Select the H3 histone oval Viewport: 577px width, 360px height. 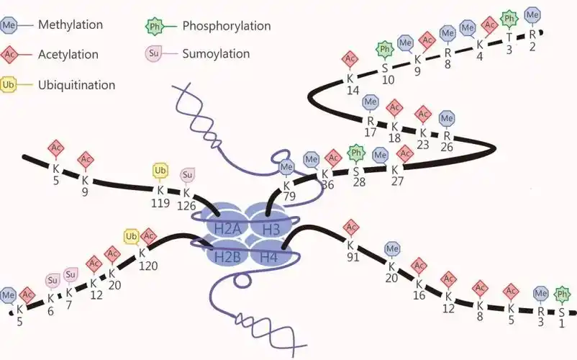click(271, 228)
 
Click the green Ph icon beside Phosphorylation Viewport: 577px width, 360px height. click(153, 26)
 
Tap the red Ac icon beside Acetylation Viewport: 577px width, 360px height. click(9, 54)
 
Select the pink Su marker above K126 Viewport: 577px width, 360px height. click(186, 174)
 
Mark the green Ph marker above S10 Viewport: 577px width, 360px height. click(385, 50)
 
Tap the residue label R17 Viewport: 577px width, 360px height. click(371, 127)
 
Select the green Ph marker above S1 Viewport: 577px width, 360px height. click(563, 294)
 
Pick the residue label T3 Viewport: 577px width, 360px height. click(509, 44)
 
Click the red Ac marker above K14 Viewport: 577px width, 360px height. click(350, 58)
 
